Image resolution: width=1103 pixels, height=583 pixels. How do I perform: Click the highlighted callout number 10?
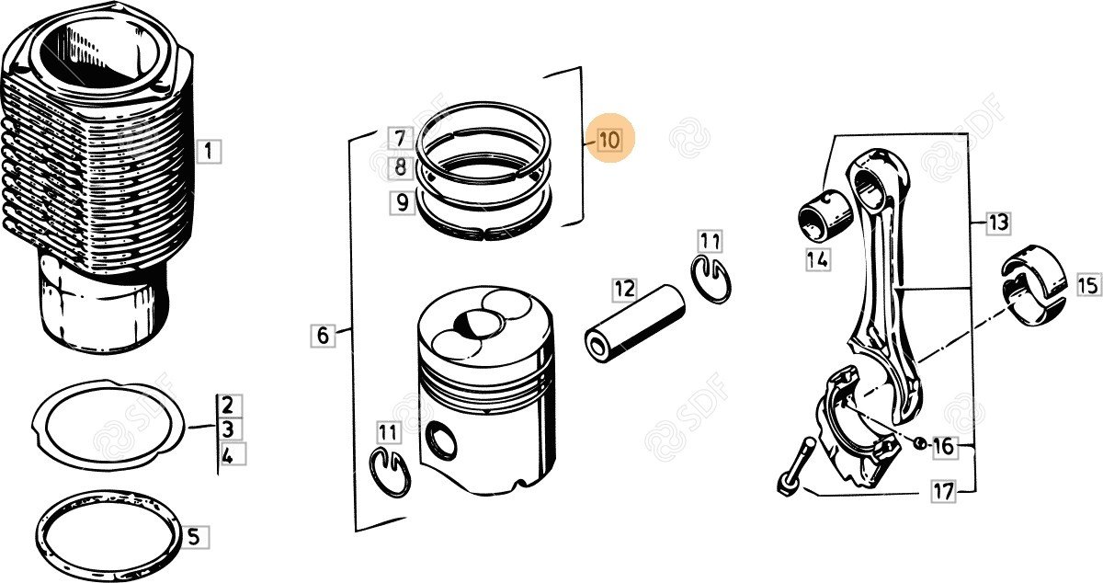coord(609,140)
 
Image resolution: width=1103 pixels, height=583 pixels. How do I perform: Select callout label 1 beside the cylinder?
coord(209,151)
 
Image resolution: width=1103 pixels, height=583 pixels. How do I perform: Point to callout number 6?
coord(323,336)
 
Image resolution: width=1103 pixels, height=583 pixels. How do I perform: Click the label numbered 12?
coord(624,290)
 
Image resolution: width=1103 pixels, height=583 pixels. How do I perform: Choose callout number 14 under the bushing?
coord(818,259)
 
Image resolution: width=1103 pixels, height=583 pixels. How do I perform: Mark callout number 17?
coord(943,491)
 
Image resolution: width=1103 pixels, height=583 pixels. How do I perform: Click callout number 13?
coord(998,223)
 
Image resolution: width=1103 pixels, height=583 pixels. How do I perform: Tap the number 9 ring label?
coord(403,202)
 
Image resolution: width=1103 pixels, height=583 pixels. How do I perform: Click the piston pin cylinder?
coord(635,323)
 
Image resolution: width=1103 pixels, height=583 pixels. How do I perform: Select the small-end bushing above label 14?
coord(824,215)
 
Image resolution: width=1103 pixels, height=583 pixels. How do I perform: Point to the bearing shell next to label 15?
coord(1033,285)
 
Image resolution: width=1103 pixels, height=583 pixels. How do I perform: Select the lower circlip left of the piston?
coord(390,472)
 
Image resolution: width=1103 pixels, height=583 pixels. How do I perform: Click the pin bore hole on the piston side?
coord(440,441)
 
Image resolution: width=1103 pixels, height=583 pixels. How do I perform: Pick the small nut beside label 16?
coord(919,442)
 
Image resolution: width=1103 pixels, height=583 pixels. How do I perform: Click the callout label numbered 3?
coord(227,429)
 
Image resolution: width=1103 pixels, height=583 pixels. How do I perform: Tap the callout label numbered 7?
coord(400,139)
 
